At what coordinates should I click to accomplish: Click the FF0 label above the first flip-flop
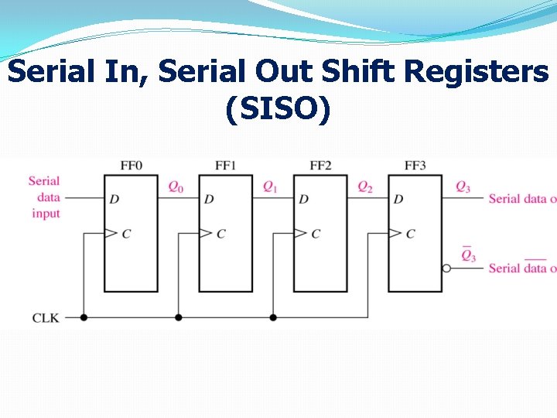pos(132,166)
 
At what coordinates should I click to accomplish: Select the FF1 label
pos(226,166)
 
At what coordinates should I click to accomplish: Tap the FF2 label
pos(320,166)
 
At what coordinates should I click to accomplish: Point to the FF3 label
pos(415,166)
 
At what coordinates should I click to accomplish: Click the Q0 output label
pos(176,187)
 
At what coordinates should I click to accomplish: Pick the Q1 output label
pos(271,187)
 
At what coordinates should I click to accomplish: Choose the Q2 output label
pos(365,187)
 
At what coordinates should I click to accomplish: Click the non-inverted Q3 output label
pos(463,187)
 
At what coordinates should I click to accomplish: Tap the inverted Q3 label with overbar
pos(468,255)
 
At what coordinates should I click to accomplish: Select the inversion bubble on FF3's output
pos(446,269)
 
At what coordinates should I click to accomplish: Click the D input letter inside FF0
pos(114,200)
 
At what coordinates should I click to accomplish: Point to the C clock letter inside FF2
pos(315,234)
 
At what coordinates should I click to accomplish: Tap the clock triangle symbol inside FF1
pos(205,233)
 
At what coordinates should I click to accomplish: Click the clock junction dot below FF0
pos(84,317)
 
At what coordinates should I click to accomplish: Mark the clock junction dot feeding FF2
pos(273,317)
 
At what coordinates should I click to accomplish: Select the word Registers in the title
pos(477,72)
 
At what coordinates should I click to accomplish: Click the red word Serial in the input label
pos(44,181)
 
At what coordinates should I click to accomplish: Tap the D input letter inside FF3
pos(398,200)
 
